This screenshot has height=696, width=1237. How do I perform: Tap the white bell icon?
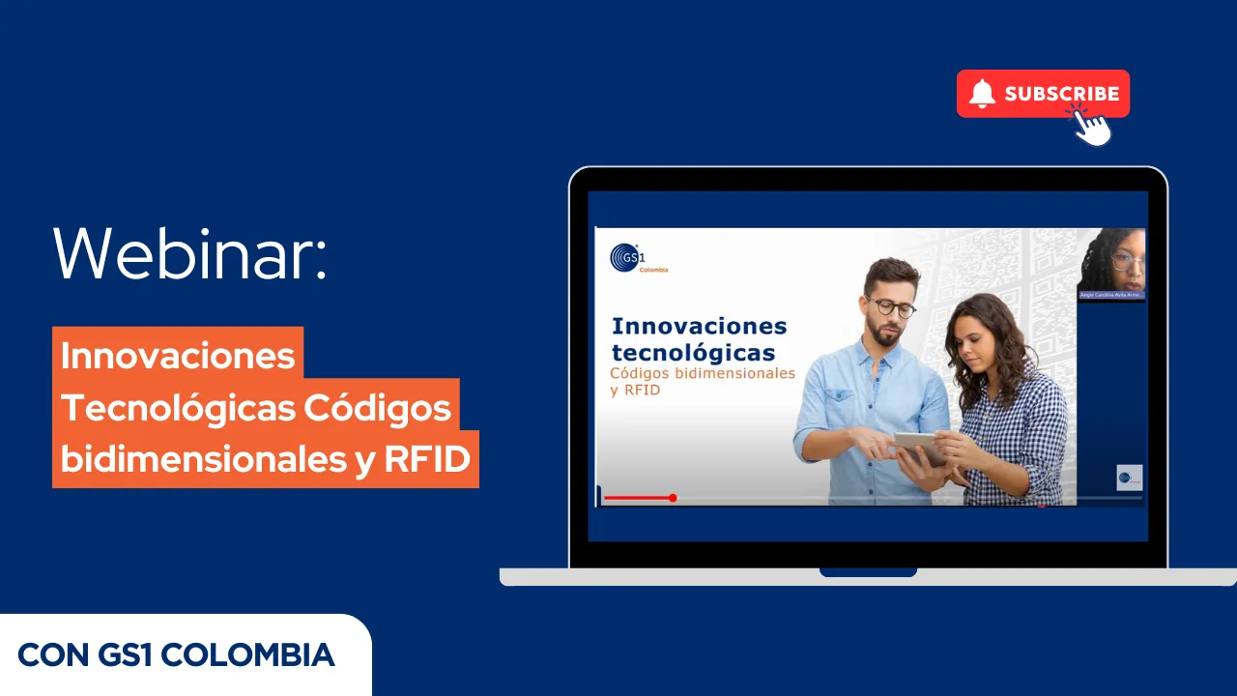point(982,94)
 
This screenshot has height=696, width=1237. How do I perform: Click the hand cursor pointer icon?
point(1092,127)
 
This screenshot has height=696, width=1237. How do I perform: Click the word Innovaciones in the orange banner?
point(178,355)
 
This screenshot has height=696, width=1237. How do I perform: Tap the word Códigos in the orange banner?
point(378,408)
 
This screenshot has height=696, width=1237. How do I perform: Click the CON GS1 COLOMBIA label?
point(177,654)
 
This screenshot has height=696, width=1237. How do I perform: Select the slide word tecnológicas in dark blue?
point(694,352)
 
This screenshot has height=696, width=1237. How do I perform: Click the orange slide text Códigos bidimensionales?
point(703,373)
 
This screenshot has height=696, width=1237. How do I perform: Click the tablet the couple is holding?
point(917,447)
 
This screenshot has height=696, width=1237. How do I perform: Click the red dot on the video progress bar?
point(673,498)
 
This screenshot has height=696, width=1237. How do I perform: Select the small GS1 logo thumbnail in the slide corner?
point(1129,478)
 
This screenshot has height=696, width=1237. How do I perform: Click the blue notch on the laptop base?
point(868,572)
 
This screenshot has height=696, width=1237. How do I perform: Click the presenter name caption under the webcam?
point(1111,295)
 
